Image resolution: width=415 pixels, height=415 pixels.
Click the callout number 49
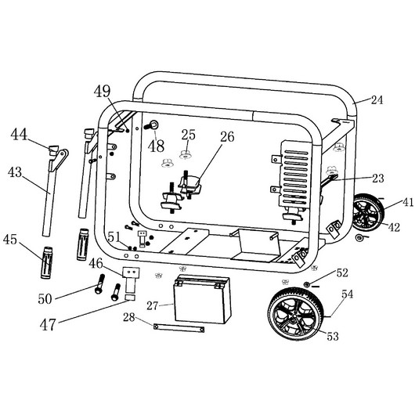[102, 91]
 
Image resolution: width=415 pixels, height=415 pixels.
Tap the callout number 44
[19, 134]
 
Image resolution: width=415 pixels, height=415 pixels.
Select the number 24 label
[377, 100]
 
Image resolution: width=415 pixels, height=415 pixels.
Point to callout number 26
[227, 136]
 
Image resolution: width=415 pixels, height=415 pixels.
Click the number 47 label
[48, 324]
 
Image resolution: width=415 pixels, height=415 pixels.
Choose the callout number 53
[333, 336]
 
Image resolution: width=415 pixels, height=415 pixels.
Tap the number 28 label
[129, 317]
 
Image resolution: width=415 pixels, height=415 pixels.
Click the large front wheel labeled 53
[296, 314]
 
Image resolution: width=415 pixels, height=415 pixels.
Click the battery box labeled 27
[202, 299]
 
